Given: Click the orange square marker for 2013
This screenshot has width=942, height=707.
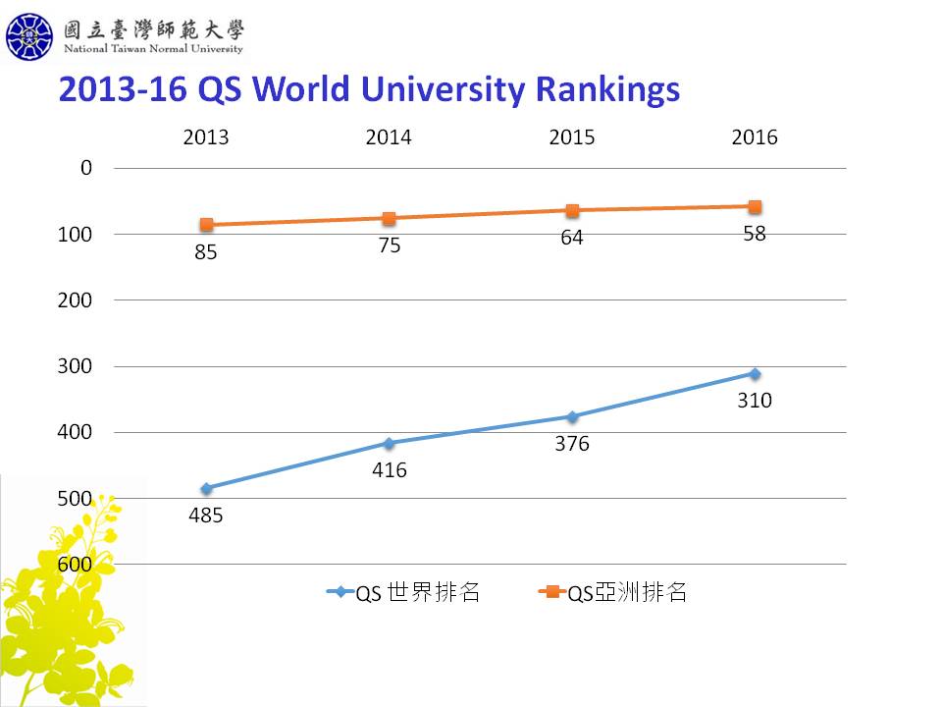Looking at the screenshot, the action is [207, 225].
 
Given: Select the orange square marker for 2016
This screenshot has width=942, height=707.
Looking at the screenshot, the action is [755, 207].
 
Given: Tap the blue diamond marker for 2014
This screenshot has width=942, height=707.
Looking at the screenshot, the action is [390, 444].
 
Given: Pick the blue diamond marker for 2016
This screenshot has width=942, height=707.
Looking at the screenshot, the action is [755, 374].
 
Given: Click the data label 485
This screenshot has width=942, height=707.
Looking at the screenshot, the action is [205, 516].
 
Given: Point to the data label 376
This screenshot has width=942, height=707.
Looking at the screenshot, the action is [572, 444].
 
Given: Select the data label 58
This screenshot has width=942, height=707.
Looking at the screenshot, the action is [755, 234].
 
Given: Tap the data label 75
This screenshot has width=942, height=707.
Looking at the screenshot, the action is [390, 245].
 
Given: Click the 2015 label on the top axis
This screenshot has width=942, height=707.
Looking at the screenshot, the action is [572, 137].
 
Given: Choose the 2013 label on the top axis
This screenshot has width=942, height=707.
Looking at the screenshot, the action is [206, 137].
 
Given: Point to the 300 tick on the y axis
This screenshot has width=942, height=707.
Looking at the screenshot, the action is [75, 366].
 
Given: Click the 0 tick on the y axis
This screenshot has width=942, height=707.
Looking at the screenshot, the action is [86, 168].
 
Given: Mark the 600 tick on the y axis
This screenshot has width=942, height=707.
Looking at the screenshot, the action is [75, 564].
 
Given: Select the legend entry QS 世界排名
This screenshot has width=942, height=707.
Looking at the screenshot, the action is [403, 593].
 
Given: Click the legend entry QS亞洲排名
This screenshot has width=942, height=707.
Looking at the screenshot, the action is [612, 593].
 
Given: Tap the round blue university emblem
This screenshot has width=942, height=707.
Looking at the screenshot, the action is [29, 36].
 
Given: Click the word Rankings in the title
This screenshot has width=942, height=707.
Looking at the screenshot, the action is [607, 90].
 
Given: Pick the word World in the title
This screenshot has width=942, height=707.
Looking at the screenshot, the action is [301, 89].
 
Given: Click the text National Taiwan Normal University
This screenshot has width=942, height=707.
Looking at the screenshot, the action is [153, 49].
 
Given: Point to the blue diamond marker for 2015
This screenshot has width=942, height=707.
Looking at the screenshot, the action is [572, 416].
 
